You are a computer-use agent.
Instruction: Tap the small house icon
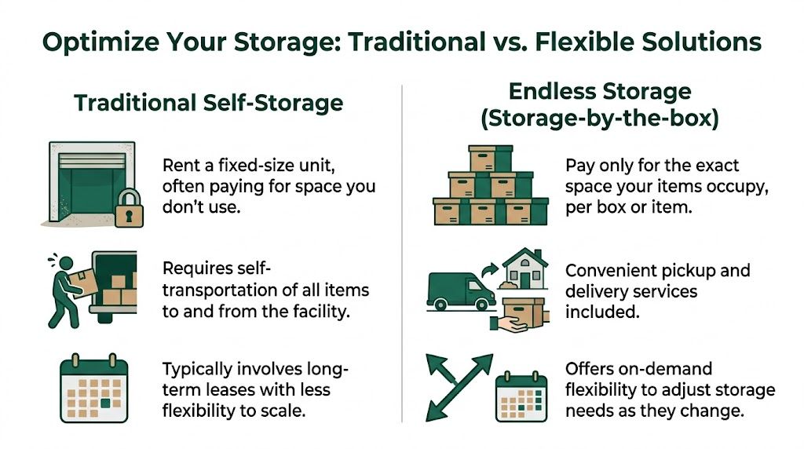(525, 270)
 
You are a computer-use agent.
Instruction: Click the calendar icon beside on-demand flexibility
(520, 398)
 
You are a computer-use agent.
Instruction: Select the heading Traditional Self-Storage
(208, 103)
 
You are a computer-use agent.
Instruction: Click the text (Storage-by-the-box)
(600, 119)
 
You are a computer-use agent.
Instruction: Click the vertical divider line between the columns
(402, 251)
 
